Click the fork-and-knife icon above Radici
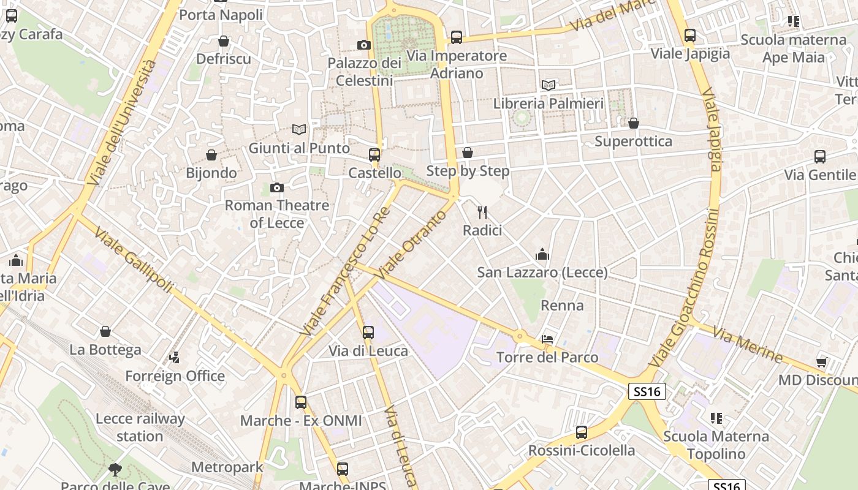coord(482,213)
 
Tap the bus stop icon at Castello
coord(374,155)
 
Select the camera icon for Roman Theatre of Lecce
coord(277,187)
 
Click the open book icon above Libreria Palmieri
coord(549,86)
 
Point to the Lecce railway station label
coord(140,428)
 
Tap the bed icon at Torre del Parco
coord(547,339)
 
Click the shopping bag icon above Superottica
coord(634,124)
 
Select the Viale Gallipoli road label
coord(133,262)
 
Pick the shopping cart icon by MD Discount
coord(822,362)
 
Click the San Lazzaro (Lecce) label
coord(542,273)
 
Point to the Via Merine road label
coord(748,344)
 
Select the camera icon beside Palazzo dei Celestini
coord(364,45)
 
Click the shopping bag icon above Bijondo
coord(211,155)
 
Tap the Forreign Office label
coord(175,376)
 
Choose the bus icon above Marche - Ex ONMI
coord(301,402)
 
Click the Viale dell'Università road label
coord(121,123)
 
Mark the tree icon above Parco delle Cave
coord(115,470)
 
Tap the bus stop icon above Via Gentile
coord(820,157)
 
